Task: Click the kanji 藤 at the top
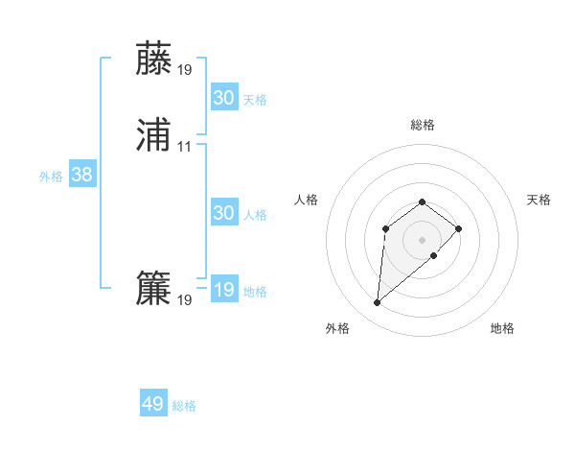154,59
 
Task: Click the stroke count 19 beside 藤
184,70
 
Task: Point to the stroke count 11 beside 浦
184,148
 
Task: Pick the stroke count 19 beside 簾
184,301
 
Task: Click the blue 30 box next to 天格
224,98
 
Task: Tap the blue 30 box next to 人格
224,213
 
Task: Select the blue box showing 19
224,290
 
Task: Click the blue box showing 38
81,175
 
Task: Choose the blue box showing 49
153,404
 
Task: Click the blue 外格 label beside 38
51,177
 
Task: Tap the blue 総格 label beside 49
184,406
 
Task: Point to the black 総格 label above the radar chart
423,125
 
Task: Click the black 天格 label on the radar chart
540,200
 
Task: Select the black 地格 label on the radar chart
502,329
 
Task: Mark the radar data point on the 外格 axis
378,303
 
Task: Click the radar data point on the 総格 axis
423,202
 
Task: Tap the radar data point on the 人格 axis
385,228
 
